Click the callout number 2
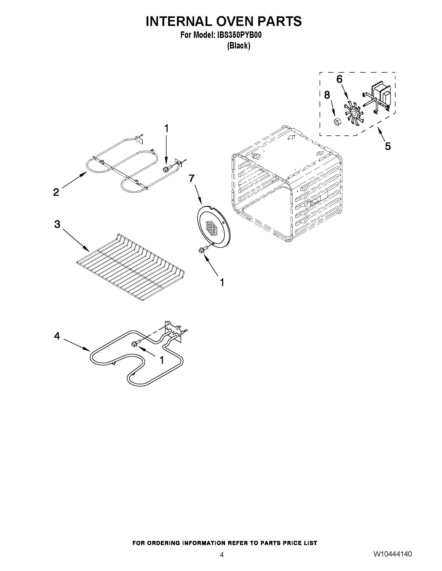coord(56,192)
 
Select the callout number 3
coord(57,224)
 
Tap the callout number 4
coord(57,336)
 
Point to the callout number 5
coord(388,146)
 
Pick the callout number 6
coord(339,79)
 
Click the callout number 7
coord(192,178)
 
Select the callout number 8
coord(327,95)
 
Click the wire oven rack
coord(131,267)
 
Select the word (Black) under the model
coord(238,46)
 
